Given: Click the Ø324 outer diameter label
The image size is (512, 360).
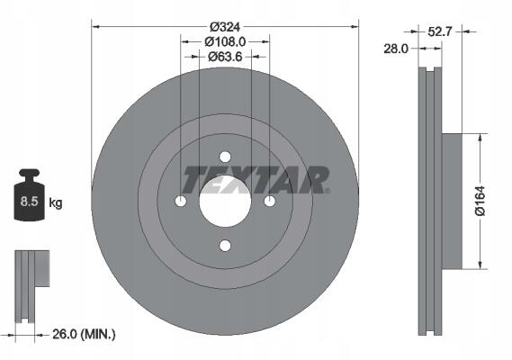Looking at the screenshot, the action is tap(225, 27).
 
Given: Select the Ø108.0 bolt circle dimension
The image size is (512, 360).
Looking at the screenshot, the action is tap(225, 41).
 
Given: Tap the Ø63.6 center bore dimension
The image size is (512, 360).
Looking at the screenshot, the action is tap(225, 57).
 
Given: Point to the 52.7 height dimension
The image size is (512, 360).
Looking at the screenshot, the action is tap(439, 31).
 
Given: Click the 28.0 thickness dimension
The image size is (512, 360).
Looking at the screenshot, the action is tap(396, 49).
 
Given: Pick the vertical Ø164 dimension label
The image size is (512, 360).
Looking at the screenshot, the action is tap(481, 201).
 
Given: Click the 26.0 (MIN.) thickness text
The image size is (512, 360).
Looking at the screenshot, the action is tap(84, 334).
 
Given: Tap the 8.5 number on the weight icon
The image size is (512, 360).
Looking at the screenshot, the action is tap(30, 202).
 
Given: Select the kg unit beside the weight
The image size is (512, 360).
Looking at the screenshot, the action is tap(56, 202).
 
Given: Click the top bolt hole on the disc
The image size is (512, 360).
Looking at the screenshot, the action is tap(225, 157).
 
